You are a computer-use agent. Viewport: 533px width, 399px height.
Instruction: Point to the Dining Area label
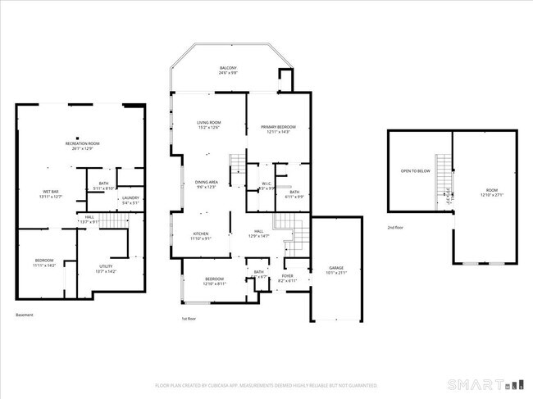tap(206, 184)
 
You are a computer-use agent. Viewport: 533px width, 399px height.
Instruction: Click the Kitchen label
tap(201, 235)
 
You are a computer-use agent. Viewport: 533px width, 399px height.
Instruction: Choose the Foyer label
tap(288, 277)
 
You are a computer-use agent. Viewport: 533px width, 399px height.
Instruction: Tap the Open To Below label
tap(416, 171)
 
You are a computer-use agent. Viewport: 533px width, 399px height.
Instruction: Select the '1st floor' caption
tap(190, 319)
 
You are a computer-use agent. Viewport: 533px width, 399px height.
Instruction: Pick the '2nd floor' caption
tap(396, 228)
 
